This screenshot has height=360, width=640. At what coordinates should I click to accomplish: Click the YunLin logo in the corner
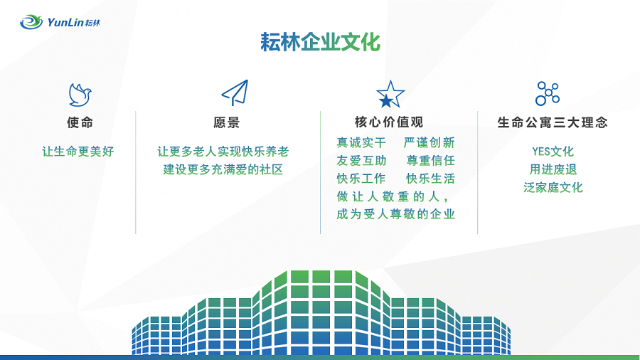tap(60, 22)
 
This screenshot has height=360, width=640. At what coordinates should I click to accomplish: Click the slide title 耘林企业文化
tap(321, 42)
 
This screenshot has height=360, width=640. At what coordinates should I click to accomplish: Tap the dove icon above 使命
tap(80, 95)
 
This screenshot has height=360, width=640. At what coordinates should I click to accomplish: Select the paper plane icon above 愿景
tap(235, 92)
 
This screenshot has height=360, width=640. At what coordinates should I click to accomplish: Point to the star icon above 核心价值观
tap(390, 95)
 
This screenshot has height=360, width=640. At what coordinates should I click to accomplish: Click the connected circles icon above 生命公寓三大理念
tap(548, 93)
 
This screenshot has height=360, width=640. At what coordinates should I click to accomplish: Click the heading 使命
tap(80, 122)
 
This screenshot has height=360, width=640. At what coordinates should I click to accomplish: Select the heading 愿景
tap(227, 122)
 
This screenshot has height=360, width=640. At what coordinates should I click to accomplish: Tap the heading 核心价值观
tap(389, 122)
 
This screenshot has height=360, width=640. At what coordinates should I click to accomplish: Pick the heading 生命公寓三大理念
tap(553, 122)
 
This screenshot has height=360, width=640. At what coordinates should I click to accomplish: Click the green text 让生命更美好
tap(78, 152)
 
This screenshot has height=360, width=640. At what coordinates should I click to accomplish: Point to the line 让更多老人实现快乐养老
tap(223, 152)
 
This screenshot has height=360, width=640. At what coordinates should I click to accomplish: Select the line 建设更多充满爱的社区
tap(223, 169)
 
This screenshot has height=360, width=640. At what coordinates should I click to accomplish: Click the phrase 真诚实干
tap(361, 142)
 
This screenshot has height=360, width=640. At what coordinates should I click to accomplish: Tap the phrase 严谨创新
tap(429, 142)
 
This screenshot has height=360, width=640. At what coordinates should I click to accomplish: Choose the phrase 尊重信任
tap(431, 160)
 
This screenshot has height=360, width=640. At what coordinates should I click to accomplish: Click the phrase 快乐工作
tap(361, 179)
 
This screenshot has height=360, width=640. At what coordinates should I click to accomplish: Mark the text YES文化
tap(553, 152)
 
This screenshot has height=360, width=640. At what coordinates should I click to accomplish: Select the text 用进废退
tap(553, 169)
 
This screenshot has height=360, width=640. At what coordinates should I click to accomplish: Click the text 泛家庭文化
tap(553, 187)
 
